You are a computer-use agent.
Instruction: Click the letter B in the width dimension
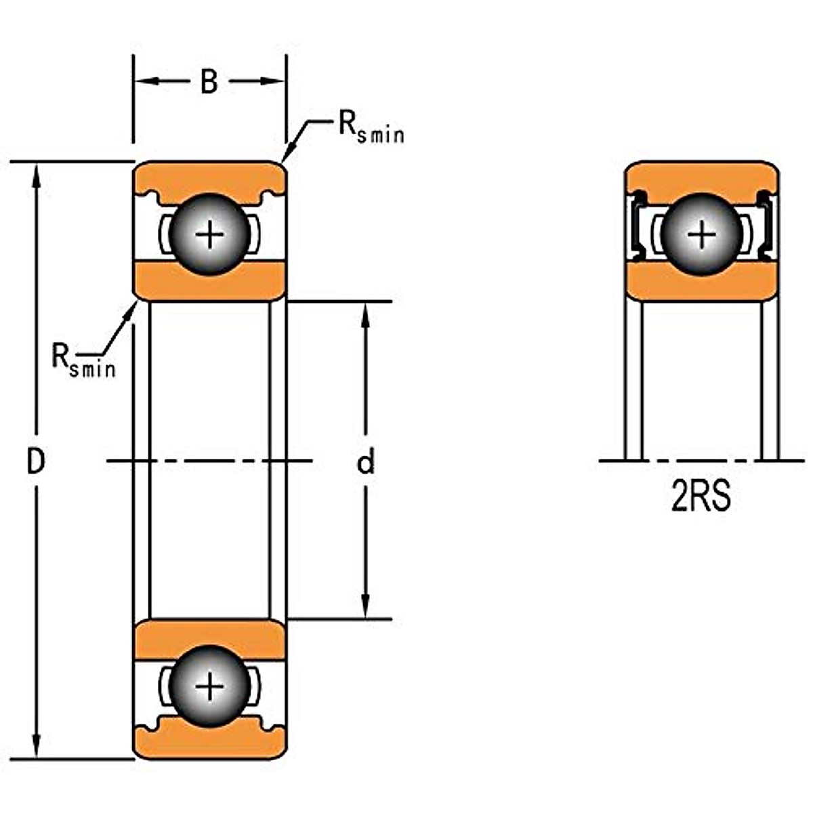tap(209, 82)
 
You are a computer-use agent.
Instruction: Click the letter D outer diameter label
tap(35, 462)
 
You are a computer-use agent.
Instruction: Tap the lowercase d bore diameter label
tap(365, 463)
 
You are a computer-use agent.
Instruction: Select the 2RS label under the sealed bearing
tap(701, 498)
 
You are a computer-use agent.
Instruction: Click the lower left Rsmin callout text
tap(83, 360)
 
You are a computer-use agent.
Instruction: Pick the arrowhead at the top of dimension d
tap(365, 312)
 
